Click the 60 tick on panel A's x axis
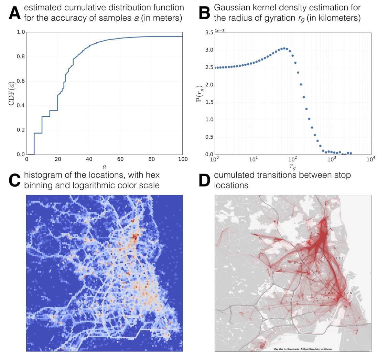pos(120,159)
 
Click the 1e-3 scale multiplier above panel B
pos(220,30)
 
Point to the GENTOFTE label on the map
pos(332,258)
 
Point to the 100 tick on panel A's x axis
pos(183,159)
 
